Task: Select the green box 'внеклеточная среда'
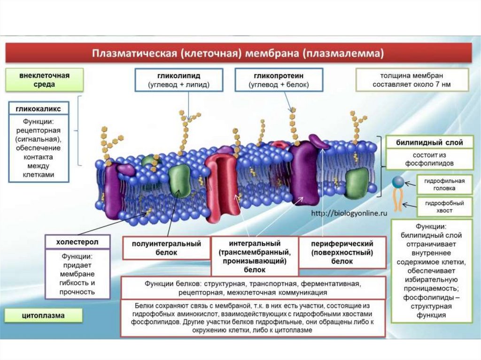[x=45, y=80]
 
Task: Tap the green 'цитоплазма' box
[x=44, y=315]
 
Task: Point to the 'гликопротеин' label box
[x=279, y=80]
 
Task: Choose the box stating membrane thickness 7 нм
[x=411, y=80]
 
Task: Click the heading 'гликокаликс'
[x=39, y=109]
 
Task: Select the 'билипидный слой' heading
[x=429, y=142]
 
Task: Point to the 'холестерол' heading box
[x=77, y=242]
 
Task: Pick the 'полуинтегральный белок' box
[x=166, y=248]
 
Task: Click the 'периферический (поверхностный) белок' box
[x=342, y=252]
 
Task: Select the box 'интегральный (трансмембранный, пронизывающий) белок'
[x=255, y=256]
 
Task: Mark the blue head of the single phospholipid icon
[x=398, y=181]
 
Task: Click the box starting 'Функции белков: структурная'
[x=253, y=288]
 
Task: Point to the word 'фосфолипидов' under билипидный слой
[x=429, y=163]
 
